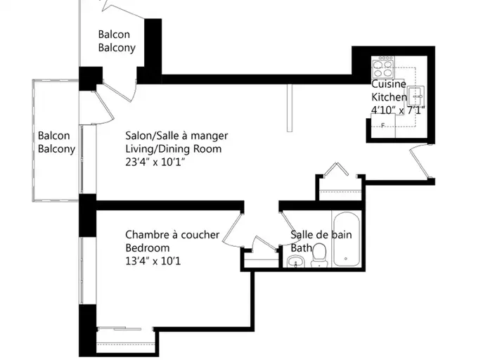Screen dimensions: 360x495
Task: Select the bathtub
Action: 347,247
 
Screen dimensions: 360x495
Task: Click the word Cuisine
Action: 387,84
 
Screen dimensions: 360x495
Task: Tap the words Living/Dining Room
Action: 173,149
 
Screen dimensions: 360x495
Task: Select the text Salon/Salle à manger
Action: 176,136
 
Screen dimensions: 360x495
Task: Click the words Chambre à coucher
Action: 172,235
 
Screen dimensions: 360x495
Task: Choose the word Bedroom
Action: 148,248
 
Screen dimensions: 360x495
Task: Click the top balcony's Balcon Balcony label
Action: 117,41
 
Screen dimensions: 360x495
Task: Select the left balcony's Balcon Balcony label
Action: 56,142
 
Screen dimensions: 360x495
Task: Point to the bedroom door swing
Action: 231,229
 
